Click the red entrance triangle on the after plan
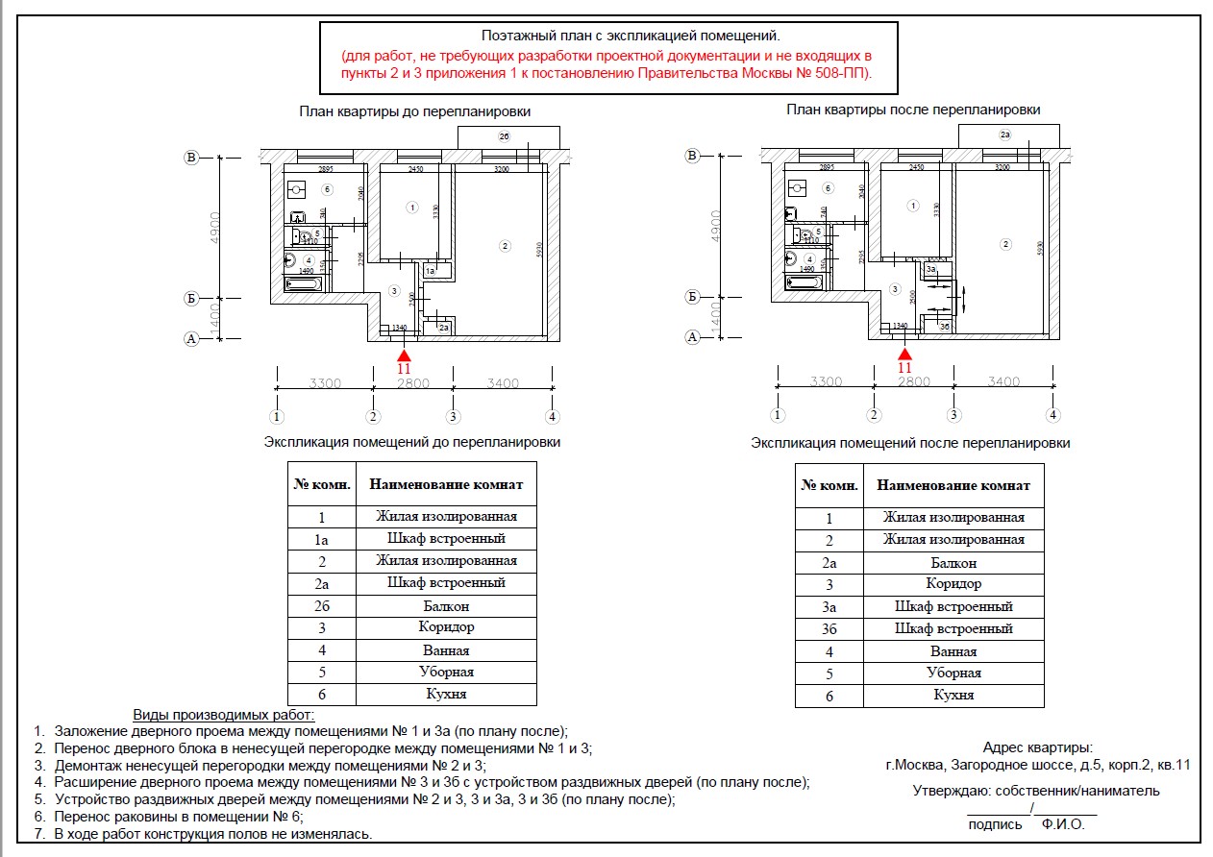[904, 355]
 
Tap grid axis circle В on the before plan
[191, 158]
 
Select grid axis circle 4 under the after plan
[1053, 415]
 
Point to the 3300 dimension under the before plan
[325, 382]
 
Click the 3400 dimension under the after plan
[1003, 381]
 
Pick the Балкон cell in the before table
[446, 606]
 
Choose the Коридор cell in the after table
[953, 584]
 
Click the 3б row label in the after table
[829, 629]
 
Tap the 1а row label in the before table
[322, 539]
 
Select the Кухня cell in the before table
[446, 694]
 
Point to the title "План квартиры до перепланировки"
[415, 111]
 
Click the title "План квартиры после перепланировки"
[913, 110]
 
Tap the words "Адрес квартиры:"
[1038, 747]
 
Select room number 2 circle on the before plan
[506, 246]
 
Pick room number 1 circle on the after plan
[912, 206]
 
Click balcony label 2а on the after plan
[1005, 135]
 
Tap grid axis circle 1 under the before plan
[277, 417]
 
